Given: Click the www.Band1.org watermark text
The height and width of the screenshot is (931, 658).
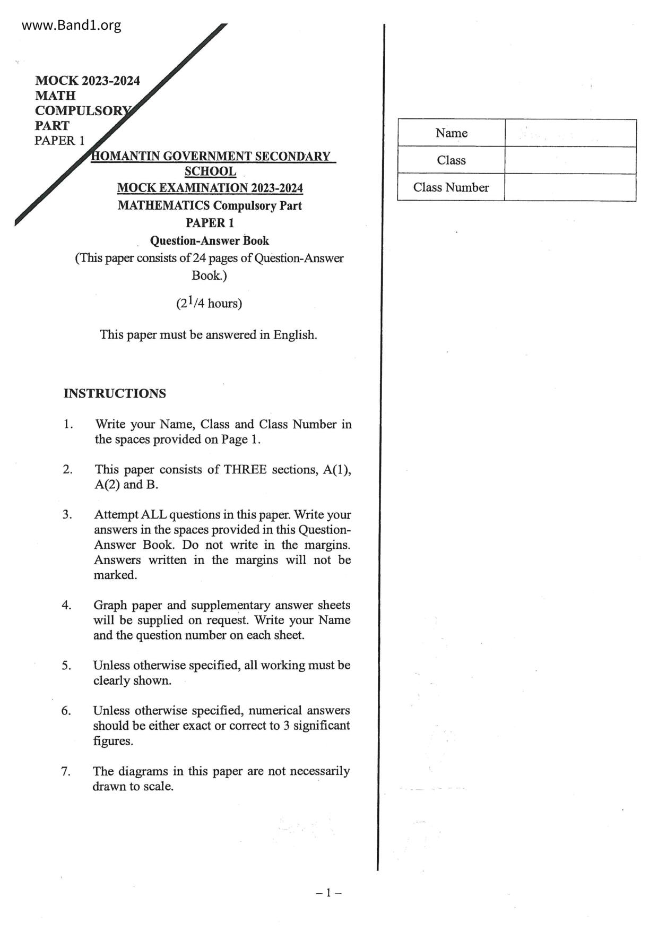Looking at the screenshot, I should [x=72, y=25].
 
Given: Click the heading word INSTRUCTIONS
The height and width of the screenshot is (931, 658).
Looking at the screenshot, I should [x=115, y=393].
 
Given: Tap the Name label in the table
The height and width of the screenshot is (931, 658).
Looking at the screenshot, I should [x=451, y=133].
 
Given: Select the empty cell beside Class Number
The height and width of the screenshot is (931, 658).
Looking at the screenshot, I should [x=570, y=187].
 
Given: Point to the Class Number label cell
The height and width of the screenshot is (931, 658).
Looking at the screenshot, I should [x=451, y=187].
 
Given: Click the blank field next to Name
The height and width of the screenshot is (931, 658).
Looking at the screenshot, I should [x=570, y=133].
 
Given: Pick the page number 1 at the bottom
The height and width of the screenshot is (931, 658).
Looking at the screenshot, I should [x=328, y=893].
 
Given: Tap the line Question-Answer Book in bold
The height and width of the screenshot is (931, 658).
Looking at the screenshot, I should [x=209, y=240].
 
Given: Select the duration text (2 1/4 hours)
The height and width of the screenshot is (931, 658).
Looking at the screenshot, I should [x=209, y=303].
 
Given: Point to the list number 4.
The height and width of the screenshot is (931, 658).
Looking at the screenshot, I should [x=66, y=605].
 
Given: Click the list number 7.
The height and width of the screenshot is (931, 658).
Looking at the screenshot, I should [x=66, y=771].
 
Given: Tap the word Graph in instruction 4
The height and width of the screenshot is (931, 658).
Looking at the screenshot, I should [x=110, y=605].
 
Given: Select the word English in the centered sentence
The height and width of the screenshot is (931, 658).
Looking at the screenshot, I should [x=295, y=335].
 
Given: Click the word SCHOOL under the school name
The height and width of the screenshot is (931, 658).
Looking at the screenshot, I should [x=210, y=171].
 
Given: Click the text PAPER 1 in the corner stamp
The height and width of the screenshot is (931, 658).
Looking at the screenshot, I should [x=59, y=141].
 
